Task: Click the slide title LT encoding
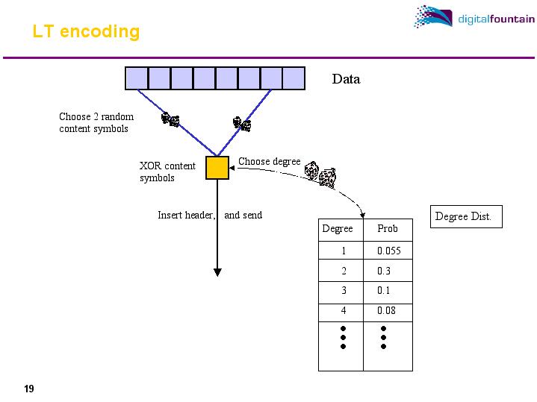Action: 86,31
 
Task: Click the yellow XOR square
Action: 217,168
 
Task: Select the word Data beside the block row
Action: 346,79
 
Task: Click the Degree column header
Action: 337,229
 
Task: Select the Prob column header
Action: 388,229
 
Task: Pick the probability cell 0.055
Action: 388,251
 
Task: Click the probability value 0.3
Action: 383,271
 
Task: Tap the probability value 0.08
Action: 386,310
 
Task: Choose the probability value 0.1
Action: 383,291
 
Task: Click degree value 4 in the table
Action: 344,310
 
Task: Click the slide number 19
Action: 29,389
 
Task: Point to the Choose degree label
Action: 269,161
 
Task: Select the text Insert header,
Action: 187,216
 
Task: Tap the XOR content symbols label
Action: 167,172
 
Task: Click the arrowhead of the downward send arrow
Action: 217,271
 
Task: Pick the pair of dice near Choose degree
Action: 320,174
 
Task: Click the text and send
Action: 243,216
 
